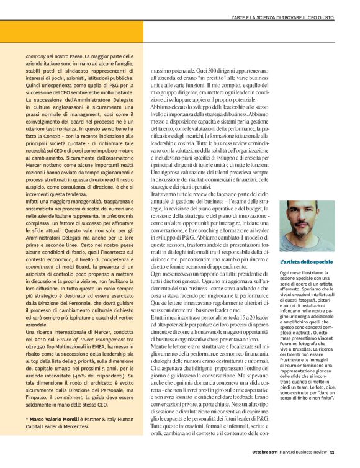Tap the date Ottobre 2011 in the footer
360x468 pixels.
click(x=268, y=451)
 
